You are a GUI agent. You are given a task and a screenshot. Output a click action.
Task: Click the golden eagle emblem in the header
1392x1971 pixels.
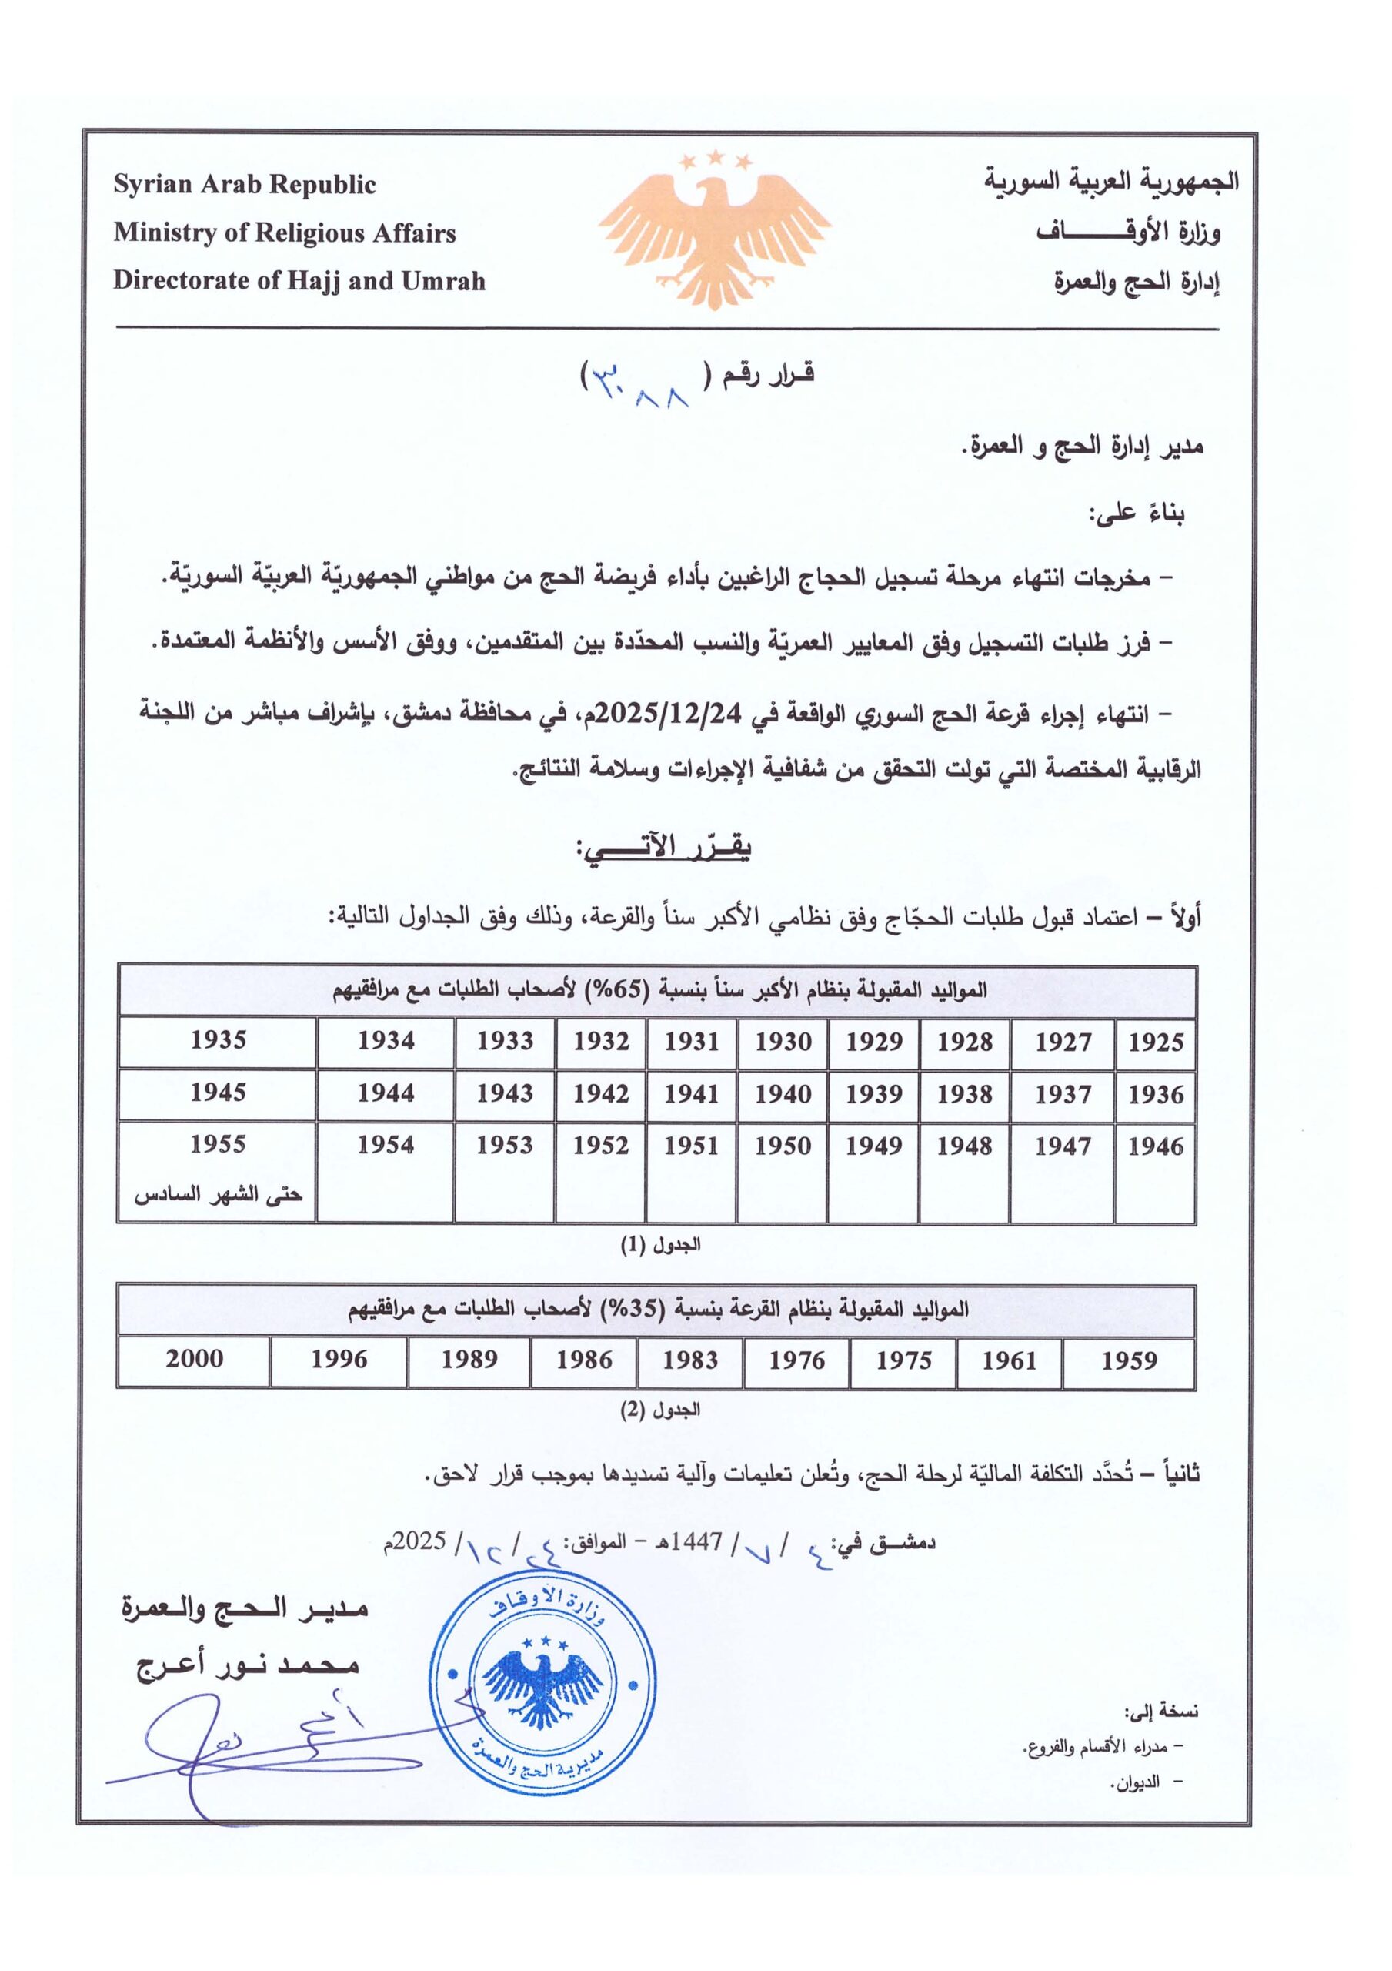(x=714, y=230)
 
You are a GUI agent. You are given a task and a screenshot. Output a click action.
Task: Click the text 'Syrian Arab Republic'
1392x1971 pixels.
(x=245, y=185)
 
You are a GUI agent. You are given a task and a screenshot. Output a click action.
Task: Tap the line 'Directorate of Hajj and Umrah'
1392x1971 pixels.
(x=299, y=281)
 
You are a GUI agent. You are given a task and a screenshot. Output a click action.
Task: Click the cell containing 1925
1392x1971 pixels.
(x=1155, y=1042)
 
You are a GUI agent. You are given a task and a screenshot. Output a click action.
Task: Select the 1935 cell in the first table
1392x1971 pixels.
(x=218, y=1040)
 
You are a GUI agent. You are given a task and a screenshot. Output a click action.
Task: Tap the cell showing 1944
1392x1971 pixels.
(x=386, y=1093)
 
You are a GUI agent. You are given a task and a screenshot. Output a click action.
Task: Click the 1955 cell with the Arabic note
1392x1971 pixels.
(x=218, y=1170)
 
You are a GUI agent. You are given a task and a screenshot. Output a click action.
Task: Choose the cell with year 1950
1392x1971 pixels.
(x=783, y=1146)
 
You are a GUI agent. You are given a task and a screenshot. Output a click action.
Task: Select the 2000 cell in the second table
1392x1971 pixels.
(x=194, y=1359)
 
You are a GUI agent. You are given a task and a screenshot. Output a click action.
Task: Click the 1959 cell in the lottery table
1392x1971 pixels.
(x=1129, y=1360)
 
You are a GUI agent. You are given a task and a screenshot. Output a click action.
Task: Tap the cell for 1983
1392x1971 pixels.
(x=690, y=1360)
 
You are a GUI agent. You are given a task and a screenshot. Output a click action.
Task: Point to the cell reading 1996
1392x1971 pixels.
(x=339, y=1359)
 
